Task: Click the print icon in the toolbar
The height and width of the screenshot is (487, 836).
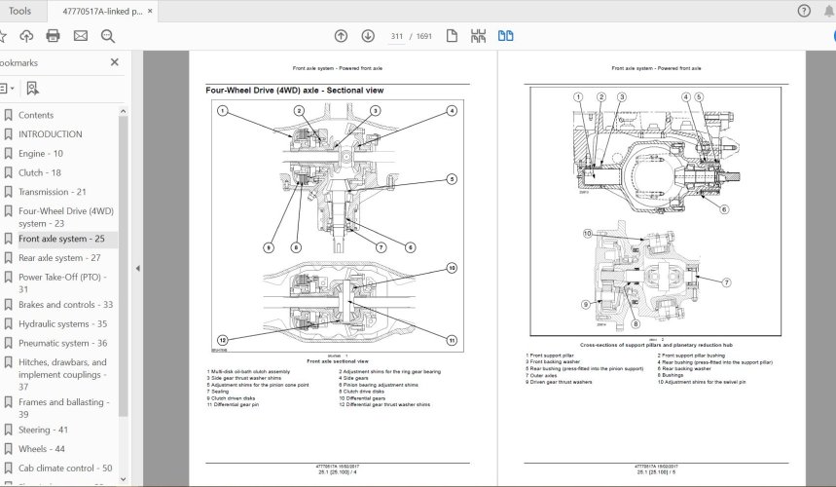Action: (x=53, y=36)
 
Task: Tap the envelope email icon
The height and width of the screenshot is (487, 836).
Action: (x=80, y=36)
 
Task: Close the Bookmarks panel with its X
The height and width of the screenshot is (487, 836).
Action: (x=114, y=62)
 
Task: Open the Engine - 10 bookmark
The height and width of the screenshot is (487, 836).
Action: (x=40, y=154)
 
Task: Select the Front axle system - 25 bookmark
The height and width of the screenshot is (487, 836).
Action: (x=60, y=239)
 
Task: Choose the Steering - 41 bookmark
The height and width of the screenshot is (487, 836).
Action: (x=42, y=430)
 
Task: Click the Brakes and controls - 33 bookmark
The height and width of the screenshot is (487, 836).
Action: (x=65, y=305)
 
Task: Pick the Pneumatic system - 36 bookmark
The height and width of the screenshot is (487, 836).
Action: (x=62, y=343)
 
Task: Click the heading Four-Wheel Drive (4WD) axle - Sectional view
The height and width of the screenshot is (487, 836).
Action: (x=294, y=91)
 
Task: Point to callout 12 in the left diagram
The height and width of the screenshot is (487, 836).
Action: (x=223, y=339)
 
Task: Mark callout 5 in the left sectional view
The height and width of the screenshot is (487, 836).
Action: (x=453, y=179)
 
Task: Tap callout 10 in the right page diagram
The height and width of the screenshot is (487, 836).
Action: (x=587, y=234)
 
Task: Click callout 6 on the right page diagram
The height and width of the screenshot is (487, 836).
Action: (x=725, y=208)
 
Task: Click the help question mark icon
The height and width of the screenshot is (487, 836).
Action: (x=804, y=11)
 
